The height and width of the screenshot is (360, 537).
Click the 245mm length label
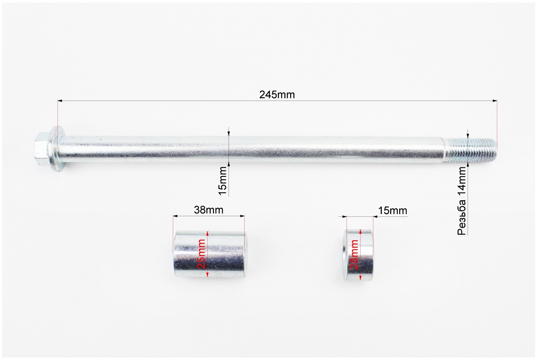[277, 95]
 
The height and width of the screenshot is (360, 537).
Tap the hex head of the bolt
[41, 149]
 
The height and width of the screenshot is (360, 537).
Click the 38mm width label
[208, 210]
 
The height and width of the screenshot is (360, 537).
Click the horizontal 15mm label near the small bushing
[393, 210]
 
